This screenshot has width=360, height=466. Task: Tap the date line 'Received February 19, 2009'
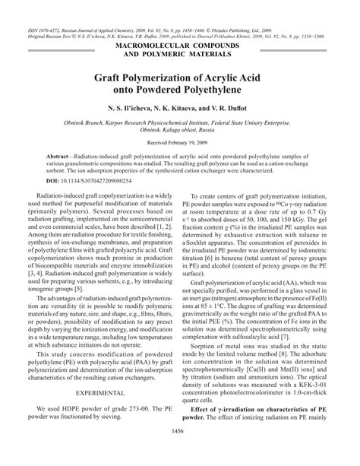pos(180,142)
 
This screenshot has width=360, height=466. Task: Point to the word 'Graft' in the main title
pos(113,76)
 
